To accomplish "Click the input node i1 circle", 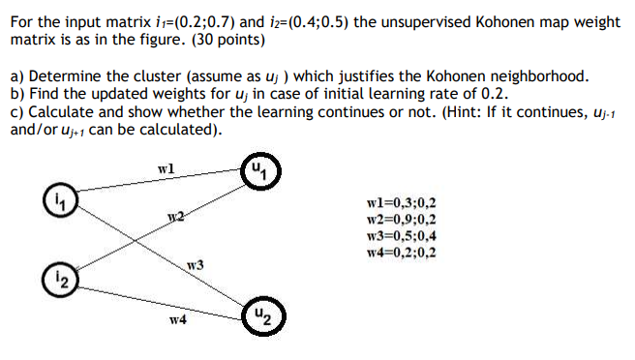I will point(59,204).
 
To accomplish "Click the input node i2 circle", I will point(59,281).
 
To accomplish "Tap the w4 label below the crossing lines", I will point(177,317).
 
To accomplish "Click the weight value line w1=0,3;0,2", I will point(402,203).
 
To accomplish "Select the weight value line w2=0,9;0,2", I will point(402,220).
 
